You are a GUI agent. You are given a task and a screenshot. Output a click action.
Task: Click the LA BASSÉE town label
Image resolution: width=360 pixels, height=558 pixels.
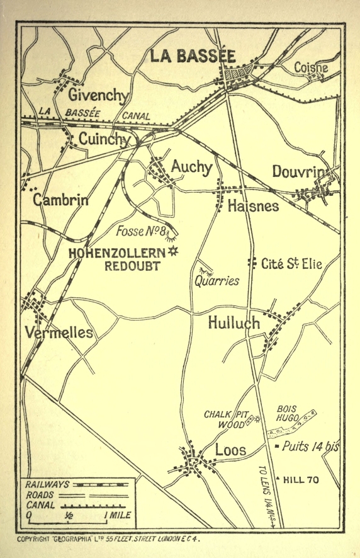coord(193,56)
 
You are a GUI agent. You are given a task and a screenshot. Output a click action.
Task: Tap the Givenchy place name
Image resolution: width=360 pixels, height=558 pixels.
coord(98,95)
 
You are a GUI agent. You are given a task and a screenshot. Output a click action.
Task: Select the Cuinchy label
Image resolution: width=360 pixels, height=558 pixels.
coord(104,139)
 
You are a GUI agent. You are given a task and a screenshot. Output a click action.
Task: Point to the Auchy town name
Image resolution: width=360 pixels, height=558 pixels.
coord(191,166)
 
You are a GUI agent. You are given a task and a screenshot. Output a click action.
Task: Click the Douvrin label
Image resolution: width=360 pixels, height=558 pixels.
coord(301,172)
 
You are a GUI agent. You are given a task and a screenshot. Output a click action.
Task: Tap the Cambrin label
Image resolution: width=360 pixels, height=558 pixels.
coord(60,200)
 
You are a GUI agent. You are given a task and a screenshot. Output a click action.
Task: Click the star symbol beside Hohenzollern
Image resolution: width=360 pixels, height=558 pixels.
coord(173,251)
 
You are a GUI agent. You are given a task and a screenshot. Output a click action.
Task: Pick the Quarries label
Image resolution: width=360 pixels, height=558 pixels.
coord(217,281)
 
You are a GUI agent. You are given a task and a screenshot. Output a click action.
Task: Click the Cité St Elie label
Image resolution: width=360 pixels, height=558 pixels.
coord(291,264)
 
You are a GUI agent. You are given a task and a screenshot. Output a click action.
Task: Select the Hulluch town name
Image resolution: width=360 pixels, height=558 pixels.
coord(233,323)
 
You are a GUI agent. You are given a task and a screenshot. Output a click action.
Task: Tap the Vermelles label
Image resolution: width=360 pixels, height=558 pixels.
coord(59,333)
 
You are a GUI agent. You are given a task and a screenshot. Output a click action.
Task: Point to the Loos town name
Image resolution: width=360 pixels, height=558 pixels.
coord(230,450)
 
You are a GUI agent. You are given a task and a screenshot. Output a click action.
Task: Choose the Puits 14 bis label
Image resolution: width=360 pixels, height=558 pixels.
coord(310,447)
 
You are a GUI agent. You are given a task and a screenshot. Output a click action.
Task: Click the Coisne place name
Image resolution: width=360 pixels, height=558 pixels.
coord(311,67)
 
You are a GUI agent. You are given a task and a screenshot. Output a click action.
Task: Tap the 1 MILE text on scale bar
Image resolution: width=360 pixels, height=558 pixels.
coord(117,515)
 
